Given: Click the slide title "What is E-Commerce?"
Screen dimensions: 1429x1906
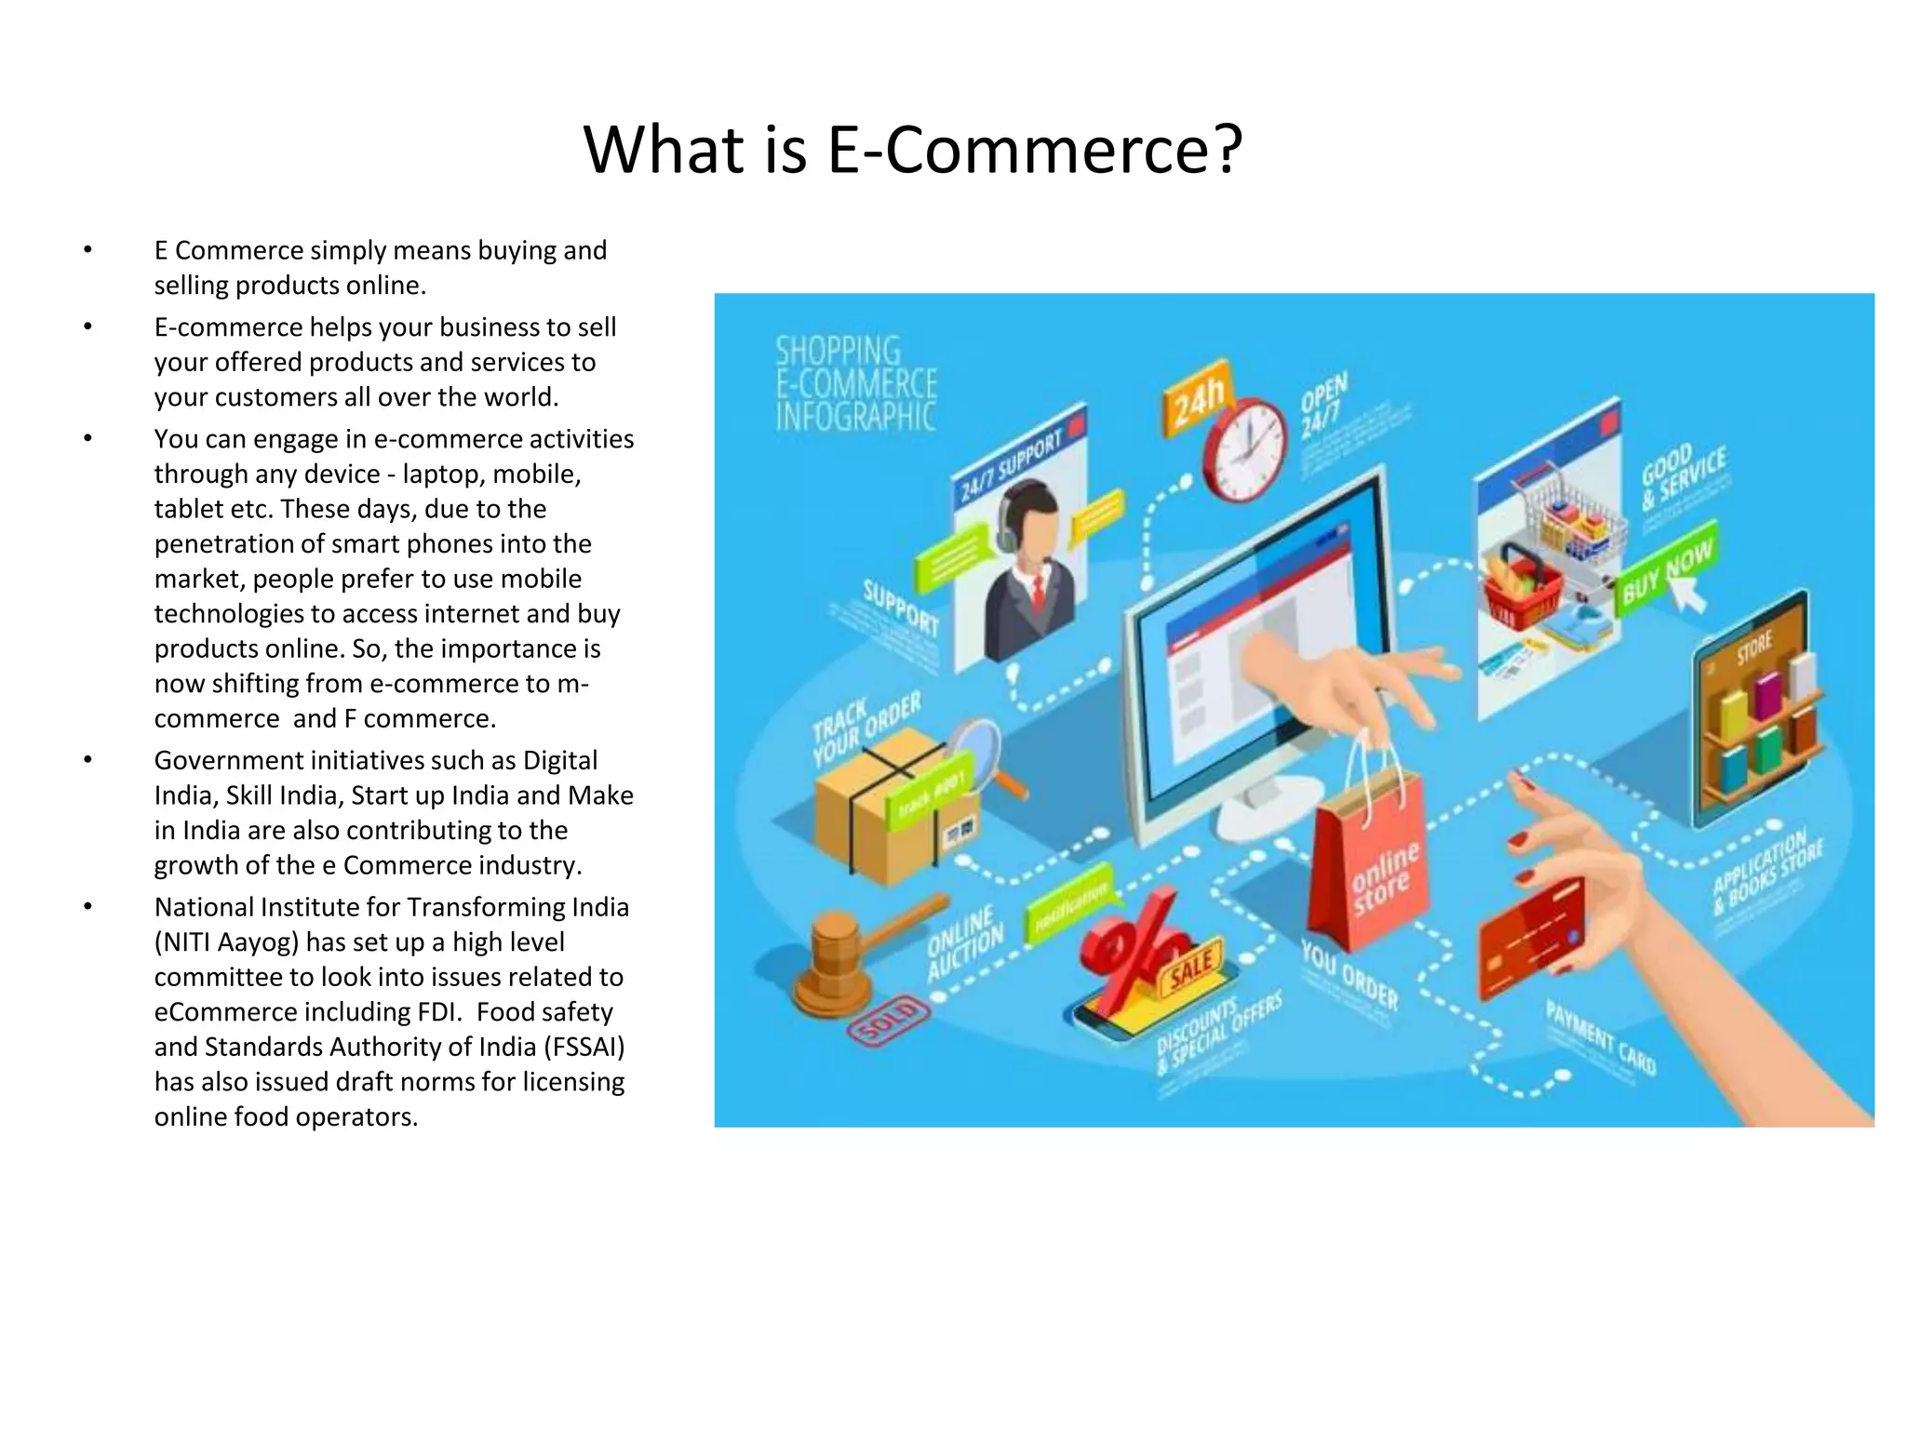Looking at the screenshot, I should [912, 149].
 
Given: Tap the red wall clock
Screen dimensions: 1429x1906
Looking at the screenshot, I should [1244, 449].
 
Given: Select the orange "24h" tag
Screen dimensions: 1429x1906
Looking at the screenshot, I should [1197, 400].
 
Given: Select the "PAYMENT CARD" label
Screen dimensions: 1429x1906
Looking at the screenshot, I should [1600, 1037].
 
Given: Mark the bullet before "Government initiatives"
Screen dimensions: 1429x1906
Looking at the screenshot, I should [87, 760].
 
